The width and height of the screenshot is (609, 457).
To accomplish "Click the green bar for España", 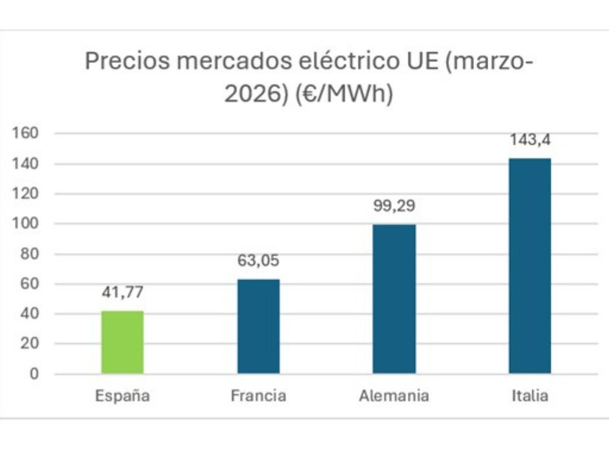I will (122, 342).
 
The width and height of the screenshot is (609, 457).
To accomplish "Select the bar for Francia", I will (258, 327).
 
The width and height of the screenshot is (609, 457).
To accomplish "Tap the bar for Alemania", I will (394, 299).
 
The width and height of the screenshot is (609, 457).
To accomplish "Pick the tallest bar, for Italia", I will (529, 266).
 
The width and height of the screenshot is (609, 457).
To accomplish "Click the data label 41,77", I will (122, 292).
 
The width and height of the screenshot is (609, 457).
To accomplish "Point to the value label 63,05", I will (258, 261).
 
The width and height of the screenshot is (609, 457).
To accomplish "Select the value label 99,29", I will (394, 206).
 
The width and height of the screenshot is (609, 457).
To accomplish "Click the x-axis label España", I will (122, 396).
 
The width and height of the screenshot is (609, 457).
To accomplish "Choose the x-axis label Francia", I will (258, 396).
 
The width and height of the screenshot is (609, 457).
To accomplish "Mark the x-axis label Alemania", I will (394, 396).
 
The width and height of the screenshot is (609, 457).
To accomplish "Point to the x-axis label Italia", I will (529, 396).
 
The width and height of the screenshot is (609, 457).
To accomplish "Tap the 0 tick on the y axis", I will (34, 374).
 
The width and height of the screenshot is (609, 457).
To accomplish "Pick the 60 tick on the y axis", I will (29, 284).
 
